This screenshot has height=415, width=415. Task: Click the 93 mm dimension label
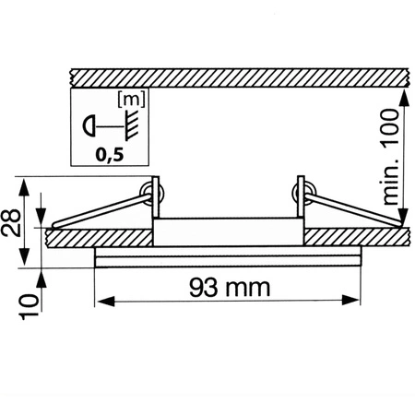click(226, 287)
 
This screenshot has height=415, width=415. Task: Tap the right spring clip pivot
click(300, 192)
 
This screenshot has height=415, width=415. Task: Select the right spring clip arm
click(350, 209)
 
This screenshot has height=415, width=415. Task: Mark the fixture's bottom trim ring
click(226, 257)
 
